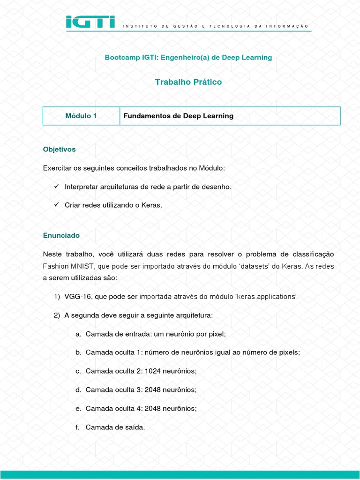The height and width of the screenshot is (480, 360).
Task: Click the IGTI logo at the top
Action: (90, 22)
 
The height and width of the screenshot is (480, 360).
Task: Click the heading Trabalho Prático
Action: (188, 82)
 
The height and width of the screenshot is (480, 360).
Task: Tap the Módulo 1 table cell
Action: (81, 116)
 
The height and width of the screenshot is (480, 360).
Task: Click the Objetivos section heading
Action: (59, 149)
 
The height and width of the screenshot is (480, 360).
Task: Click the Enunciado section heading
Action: (61, 235)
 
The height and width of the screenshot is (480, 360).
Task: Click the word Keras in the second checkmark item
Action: (150, 206)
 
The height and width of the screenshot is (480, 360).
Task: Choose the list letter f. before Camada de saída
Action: (77, 427)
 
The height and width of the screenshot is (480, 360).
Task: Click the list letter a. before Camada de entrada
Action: (78, 334)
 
